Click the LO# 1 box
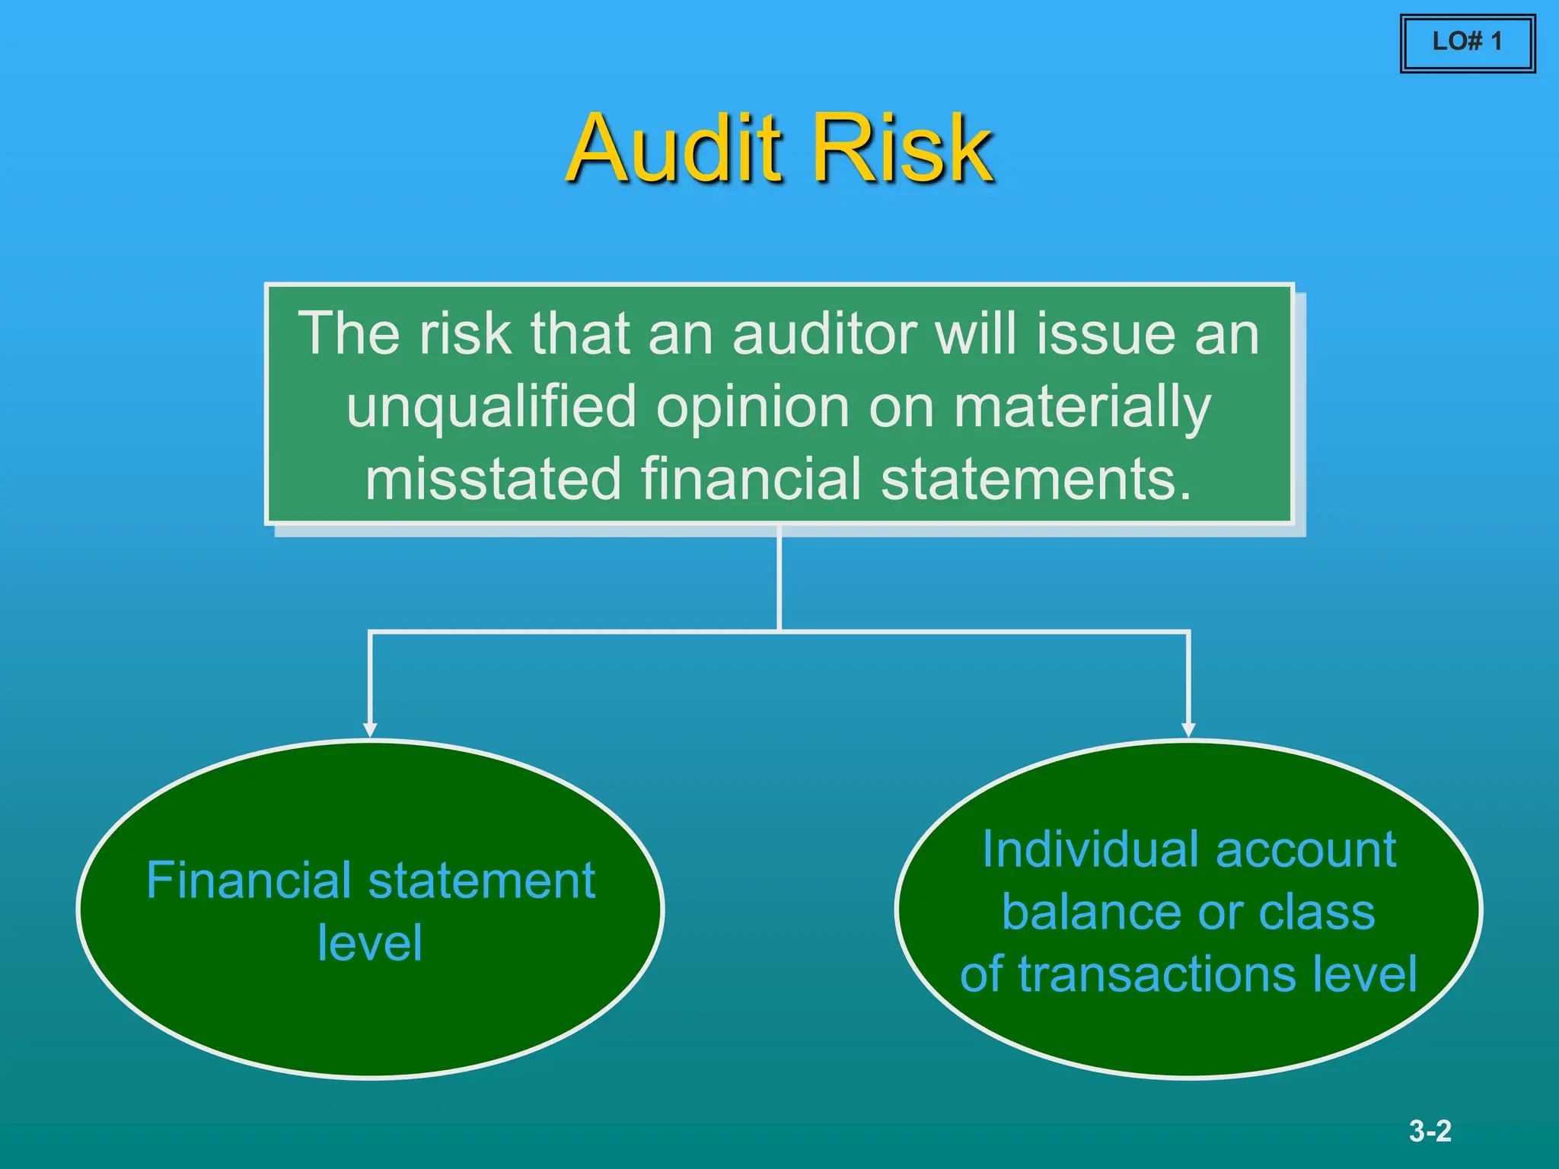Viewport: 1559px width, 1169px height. tap(1467, 43)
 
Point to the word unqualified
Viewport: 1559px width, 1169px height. tap(491, 407)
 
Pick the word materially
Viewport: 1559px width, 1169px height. tap(1082, 407)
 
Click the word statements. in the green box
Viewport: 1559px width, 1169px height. tap(1035, 479)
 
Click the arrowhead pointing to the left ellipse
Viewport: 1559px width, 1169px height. tap(370, 730)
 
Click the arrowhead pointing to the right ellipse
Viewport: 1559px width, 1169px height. tap(1188, 730)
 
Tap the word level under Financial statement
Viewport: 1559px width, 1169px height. tap(370, 943)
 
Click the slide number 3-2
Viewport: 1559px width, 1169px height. tap(1430, 1131)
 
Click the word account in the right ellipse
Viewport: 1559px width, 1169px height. tap(1306, 849)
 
